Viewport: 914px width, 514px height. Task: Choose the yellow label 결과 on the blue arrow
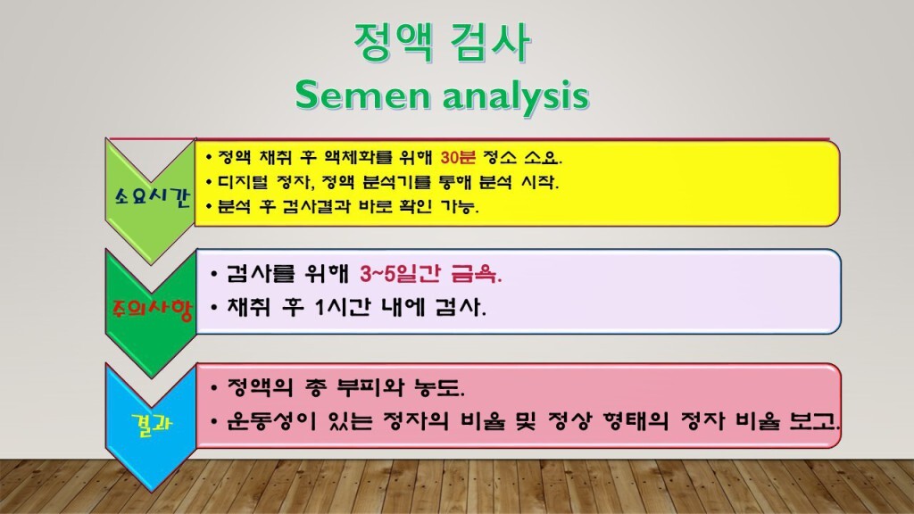tap(150, 425)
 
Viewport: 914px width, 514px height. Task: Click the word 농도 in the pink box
tap(440, 390)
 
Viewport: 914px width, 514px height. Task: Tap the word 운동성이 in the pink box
tap(261, 420)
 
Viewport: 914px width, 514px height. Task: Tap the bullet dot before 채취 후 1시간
tap(215, 309)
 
